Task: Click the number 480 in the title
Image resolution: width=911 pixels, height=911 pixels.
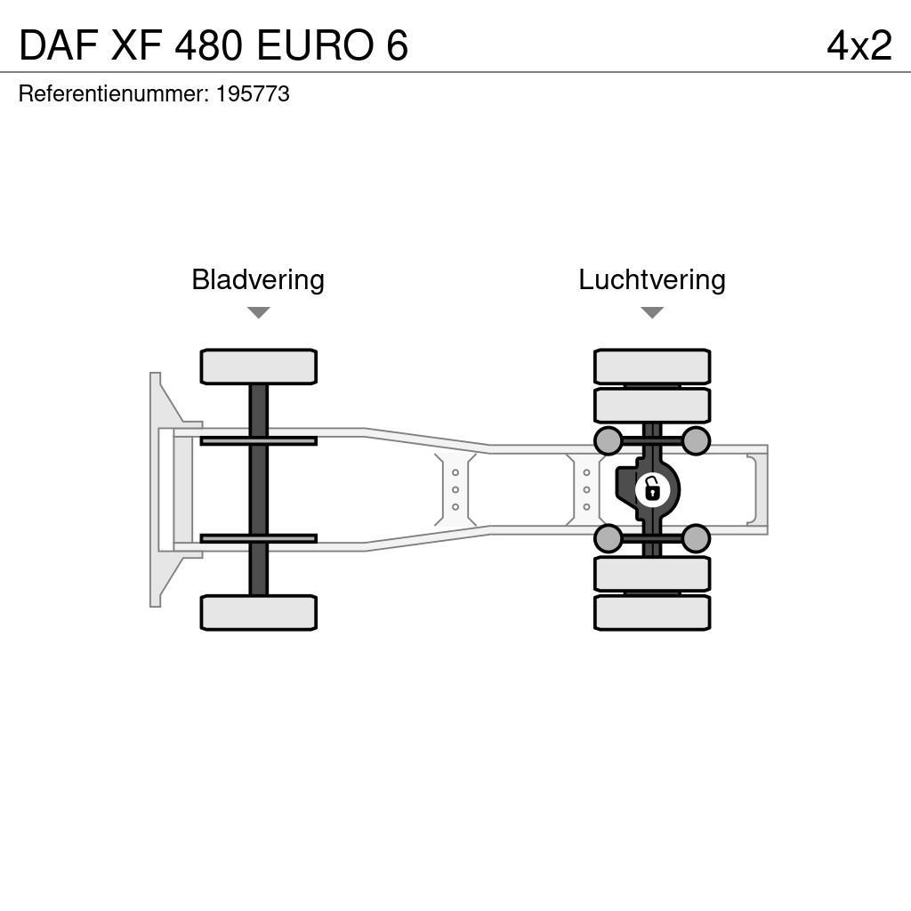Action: (209, 45)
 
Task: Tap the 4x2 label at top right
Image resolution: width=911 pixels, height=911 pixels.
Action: (859, 45)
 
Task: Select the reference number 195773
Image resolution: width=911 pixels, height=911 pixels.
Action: (253, 94)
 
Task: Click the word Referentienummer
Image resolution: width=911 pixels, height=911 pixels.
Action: (113, 94)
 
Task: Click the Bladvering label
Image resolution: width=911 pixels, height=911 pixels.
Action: (258, 280)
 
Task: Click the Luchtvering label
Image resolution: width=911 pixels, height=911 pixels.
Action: (652, 280)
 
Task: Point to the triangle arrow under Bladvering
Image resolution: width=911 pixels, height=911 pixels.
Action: (258, 312)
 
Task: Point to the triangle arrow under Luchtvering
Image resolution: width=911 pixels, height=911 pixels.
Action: (652, 312)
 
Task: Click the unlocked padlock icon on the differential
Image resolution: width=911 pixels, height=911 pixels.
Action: (652, 489)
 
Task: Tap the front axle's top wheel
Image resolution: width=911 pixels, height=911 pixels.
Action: (258, 367)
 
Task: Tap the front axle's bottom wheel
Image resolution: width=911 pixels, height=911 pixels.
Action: (258, 613)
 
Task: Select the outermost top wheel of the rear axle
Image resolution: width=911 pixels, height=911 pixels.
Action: (652, 367)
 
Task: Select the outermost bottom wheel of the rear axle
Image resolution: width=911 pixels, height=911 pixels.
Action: (652, 613)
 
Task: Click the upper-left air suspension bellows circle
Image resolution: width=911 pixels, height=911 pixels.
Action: (608, 440)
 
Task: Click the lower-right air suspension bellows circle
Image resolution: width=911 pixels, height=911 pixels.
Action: (696, 538)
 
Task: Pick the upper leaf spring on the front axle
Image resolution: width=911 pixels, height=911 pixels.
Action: (258, 441)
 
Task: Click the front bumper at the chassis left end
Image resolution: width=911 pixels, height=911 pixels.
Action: (157, 489)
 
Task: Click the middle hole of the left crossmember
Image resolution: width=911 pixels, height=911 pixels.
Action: (455, 489)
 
